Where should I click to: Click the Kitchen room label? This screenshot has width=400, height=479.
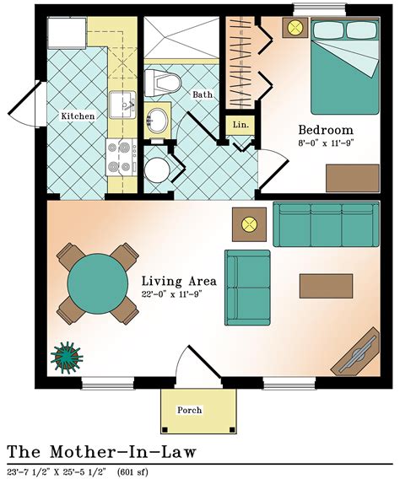[x=78, y=116]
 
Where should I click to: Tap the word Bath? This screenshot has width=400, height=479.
[x=203, y=94]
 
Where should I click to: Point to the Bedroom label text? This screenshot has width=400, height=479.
[x=324, y=130]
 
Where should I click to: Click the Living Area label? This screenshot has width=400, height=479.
[x=179, y=281]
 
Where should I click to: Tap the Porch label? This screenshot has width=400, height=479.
[x=189, y=411]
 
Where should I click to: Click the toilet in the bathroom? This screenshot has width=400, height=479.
[x=162, y=83]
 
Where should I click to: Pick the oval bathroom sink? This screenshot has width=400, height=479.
[x=156, y=117]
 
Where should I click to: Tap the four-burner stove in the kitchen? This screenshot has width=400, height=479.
[x=120, y=157]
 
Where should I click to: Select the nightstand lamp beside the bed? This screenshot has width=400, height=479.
[x=296, y=28]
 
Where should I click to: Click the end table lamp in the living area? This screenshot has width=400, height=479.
[x=248, y=224]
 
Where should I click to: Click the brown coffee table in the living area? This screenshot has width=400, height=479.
[x=326, y=286]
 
